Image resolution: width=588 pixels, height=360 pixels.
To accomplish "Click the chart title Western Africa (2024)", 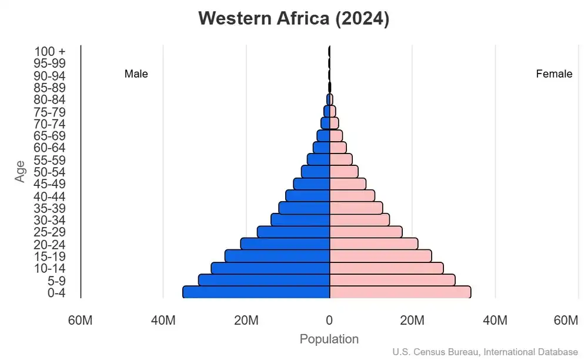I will [293, 18].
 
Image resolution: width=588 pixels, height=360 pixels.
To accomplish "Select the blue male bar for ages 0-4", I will [256, 292].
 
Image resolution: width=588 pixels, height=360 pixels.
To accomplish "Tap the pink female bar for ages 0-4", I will [400, 292].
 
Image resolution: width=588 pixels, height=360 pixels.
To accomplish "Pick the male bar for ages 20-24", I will [285, 244].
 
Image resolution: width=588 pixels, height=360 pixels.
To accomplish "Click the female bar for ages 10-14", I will [386, 268].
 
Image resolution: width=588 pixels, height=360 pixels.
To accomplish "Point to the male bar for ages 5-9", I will [264, 280].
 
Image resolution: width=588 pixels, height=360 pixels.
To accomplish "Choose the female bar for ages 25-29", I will [366, 232].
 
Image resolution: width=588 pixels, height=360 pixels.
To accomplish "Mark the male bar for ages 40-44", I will [308, 195].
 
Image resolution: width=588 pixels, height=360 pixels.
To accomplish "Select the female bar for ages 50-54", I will [344, 171].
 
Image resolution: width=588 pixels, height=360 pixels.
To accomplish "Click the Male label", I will [136, 74].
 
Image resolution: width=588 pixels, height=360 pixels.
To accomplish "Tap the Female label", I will [554, 74].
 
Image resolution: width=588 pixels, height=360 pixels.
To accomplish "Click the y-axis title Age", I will [21, 171].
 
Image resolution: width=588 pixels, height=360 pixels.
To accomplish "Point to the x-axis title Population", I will [329, 339].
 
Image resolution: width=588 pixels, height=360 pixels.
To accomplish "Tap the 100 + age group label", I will [49, 51].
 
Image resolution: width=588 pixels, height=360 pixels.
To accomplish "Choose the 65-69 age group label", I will [49, 136].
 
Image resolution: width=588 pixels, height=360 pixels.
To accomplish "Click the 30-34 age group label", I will [49, 220].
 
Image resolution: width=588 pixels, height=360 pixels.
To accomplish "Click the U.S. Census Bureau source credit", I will [485, 352].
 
